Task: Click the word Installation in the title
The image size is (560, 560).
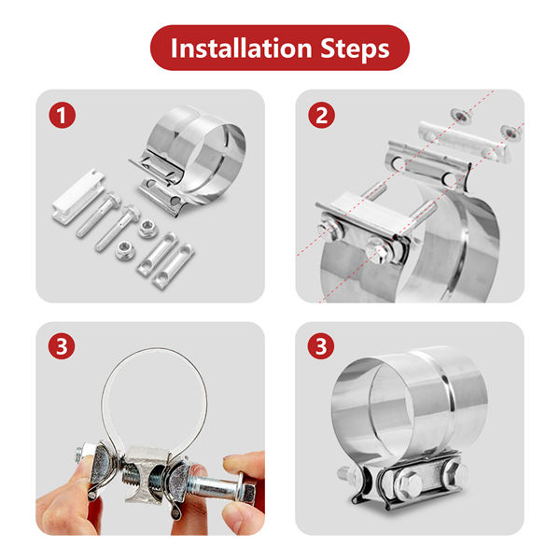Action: (x=242, y=48)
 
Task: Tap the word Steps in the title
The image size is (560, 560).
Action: (x=355, y=49)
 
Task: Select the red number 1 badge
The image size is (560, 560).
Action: (x=63, y=116)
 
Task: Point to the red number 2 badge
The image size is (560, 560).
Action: (x=321, y=116)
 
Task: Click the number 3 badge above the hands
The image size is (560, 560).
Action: (x=62, y=346)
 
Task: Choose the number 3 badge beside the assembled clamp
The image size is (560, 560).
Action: (x=321, y=346)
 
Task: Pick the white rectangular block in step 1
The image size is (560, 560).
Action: (x=78, y=196)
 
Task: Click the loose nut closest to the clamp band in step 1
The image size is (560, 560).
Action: (x=147, y=229)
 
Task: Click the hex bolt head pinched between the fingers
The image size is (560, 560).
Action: (x=246, y=493)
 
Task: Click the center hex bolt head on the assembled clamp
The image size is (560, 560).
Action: (x=410, y=483)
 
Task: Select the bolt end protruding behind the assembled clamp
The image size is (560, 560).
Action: (x=345, y=473)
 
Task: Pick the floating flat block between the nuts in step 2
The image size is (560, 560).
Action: (x=464, y=142)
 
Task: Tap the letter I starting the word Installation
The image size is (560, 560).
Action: (x=174, y=48)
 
